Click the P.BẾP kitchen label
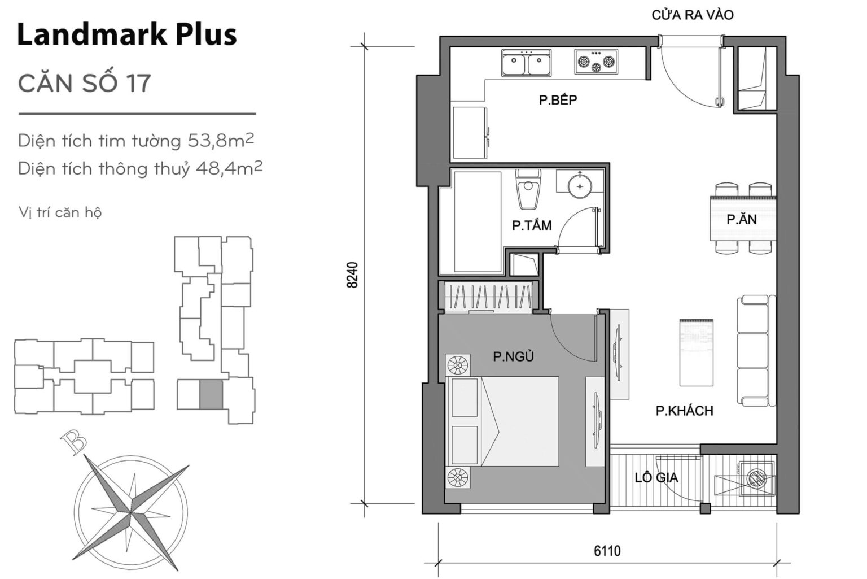(558, 101)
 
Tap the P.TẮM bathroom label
(531, 226)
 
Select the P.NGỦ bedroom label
(513, 356)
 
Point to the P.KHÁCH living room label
(684, 411)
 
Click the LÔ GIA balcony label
(656, 478)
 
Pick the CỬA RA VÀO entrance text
(693, 15)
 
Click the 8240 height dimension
(352, 275)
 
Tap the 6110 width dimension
(607, 550)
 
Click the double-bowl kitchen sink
(526, 63)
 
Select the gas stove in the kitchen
(595, 62)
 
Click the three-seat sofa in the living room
(752, 350)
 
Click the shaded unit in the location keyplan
(211, 394)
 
